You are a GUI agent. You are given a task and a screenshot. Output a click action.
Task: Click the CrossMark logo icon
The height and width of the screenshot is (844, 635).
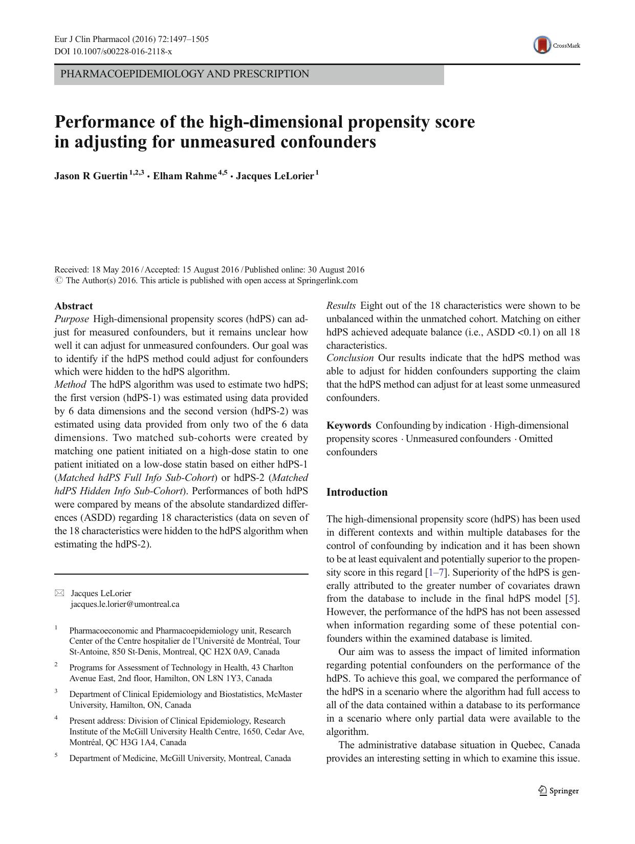coord(542,45)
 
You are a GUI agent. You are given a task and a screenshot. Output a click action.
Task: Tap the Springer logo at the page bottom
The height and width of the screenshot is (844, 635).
coord(559,791)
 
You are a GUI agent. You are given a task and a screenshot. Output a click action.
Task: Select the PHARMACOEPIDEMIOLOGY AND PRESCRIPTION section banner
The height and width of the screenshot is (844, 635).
coord(249,74)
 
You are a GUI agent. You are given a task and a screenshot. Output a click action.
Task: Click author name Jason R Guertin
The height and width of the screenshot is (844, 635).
coord(91,176)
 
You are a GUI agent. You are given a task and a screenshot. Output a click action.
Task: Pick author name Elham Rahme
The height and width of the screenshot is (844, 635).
coord(185,176)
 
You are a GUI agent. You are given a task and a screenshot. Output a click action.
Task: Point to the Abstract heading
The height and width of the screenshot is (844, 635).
coord(74,306)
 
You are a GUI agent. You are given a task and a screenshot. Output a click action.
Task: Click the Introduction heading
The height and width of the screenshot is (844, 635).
coord(357,492)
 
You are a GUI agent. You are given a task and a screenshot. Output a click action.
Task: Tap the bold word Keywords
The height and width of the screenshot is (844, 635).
coord(348,426)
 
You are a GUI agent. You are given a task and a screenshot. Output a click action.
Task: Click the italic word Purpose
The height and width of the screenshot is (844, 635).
coord(72,319)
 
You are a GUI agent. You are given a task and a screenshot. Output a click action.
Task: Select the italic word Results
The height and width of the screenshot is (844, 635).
coord(341,306)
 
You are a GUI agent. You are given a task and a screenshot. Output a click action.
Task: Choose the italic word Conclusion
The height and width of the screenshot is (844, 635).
coord(350,358)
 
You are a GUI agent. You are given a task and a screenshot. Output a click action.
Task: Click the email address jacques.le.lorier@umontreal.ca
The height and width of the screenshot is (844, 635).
coord(125,604)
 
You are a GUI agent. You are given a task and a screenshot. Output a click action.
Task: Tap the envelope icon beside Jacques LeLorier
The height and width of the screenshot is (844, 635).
coord(59,593)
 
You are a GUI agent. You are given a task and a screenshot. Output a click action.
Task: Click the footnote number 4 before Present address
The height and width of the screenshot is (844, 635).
coord(56,718)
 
